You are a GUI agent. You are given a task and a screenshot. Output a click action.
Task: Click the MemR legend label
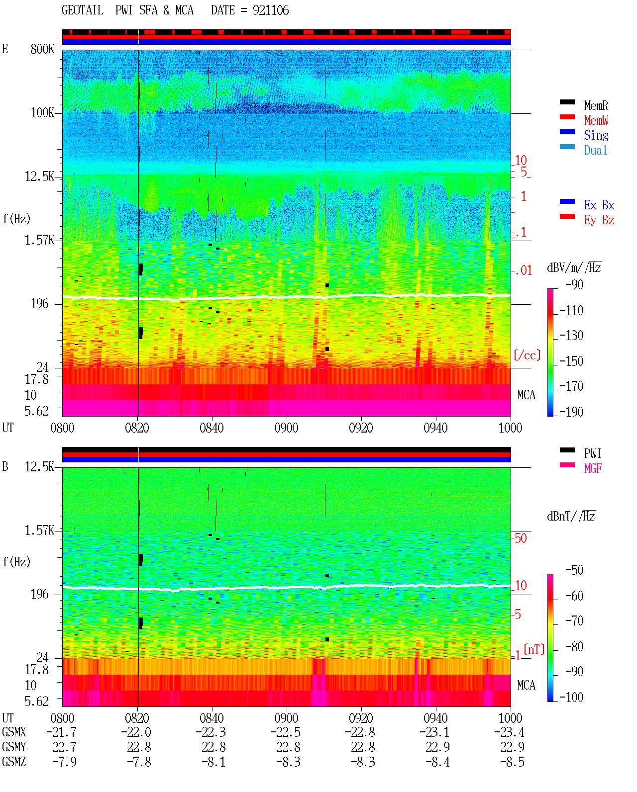[x=596, y=105]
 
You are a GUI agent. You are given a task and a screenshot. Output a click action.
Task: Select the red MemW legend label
[x=596, y=120]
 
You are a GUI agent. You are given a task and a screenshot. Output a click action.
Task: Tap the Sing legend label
[x=596, y=135]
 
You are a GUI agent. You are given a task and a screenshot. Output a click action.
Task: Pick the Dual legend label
[x=595, y=150]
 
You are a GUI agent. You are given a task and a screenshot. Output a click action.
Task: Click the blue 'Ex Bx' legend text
[x=599, y=205]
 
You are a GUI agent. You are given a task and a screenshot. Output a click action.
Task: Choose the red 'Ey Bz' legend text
[x=599, y=220]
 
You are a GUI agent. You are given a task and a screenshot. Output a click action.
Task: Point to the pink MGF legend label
[x=593, y=468]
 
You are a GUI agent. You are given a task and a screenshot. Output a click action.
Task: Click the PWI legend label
[x=592, y=453]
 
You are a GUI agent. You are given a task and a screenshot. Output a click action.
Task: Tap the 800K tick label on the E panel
[x=42, y=49]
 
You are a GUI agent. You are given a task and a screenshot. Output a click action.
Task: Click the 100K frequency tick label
[x=42, y=113]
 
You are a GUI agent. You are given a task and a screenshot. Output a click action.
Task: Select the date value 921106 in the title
[x=270, y=10]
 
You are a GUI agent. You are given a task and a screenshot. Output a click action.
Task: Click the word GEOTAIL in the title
[x=83, y=10]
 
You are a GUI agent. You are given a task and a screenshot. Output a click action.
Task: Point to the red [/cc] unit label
[x=527, y=355]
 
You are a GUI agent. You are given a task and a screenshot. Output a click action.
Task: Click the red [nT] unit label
[x=534, y=649]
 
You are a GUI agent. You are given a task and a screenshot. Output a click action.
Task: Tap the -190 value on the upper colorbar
[x=571, y=412]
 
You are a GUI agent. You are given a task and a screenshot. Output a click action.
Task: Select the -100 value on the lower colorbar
[x=571, y=697]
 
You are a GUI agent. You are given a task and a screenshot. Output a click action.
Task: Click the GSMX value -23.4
[x=509, y=732]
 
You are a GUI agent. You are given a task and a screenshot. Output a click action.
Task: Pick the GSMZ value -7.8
[x=139, y=762]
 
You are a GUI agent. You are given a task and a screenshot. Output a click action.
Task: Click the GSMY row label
[x=14, y=747]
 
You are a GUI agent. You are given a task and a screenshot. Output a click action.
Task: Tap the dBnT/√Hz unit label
[x=571, y=516]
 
